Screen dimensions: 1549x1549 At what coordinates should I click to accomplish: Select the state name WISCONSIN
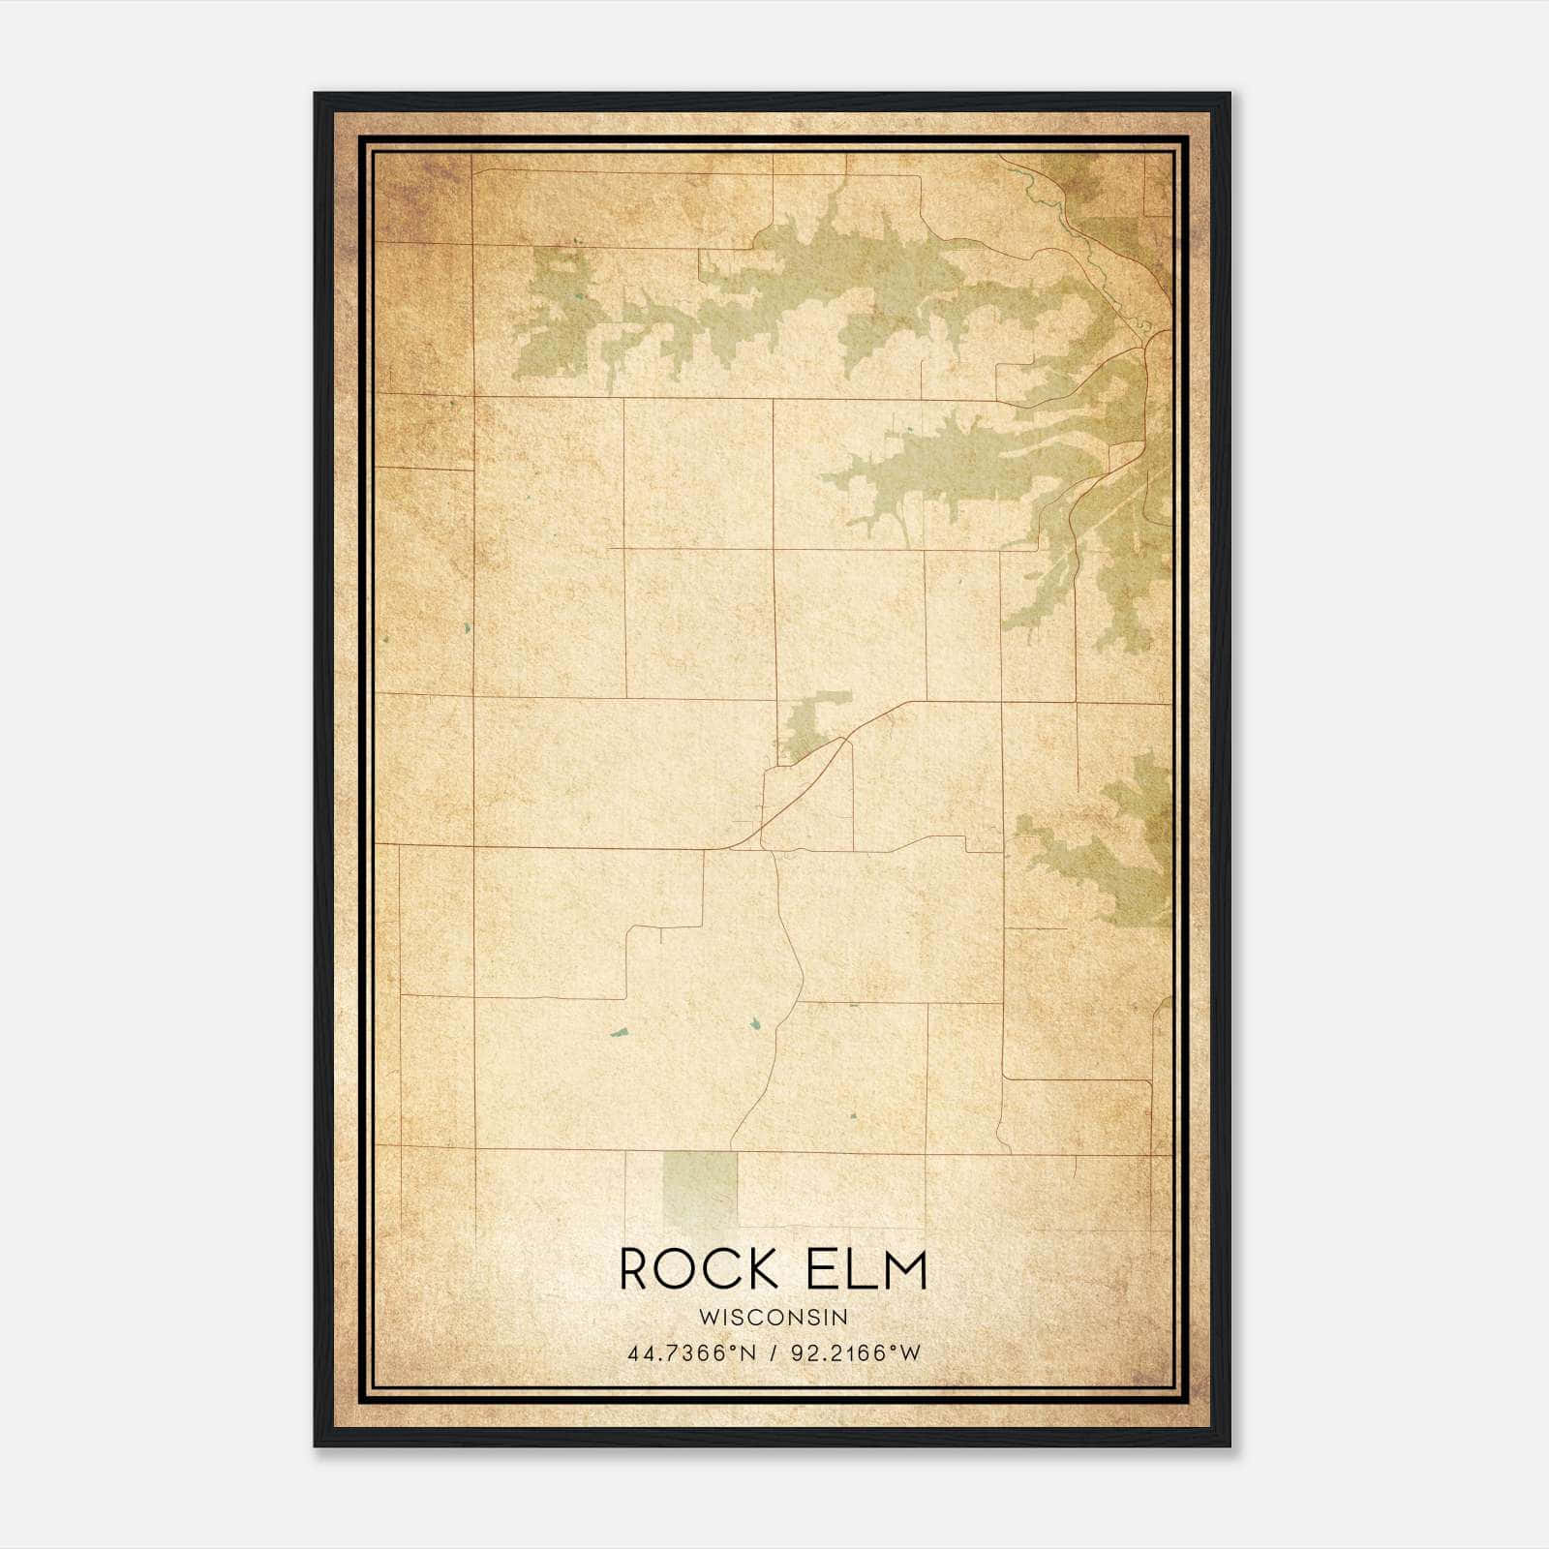tap(773, 1318)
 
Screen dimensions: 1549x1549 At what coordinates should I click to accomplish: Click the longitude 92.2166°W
tap(856, 1353)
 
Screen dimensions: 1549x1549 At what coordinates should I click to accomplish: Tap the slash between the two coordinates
tap(773, 1353)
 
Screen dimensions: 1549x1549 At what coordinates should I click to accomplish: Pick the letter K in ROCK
tap(760, 1269)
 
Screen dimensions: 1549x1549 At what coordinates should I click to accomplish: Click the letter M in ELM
tap(903, 1269)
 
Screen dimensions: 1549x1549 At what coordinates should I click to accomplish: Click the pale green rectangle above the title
tap(699, 1186)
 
